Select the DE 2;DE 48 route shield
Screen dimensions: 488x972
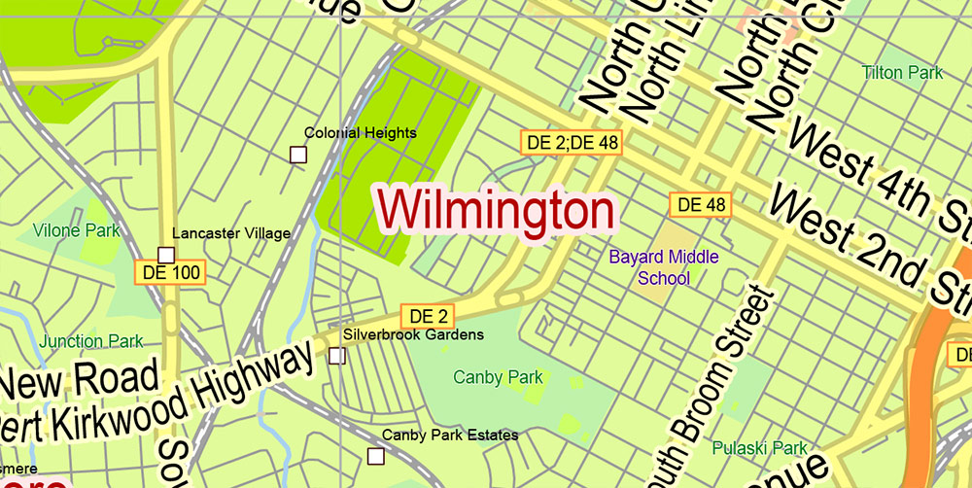[572, 142]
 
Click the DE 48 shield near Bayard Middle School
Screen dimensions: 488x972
[701, 204]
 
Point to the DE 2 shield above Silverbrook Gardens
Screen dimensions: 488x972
[428, 316]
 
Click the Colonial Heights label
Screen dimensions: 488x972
[360, 132]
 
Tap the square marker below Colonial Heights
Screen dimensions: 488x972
[298, 154]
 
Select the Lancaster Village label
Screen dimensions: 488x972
[231, 233]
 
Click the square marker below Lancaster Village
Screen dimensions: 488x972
[165, 255]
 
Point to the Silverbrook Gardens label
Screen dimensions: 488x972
[413, 334]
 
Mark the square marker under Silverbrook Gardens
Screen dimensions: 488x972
[336, 356]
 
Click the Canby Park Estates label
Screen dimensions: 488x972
[450, 436]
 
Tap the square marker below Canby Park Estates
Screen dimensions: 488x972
[375, 456]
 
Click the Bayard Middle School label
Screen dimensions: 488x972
[664, 267]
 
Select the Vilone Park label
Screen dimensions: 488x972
[77, 230]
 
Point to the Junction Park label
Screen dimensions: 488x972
[91, 341]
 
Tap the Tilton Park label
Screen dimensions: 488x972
[903, 73]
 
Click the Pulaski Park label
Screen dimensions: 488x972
[760, 448]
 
